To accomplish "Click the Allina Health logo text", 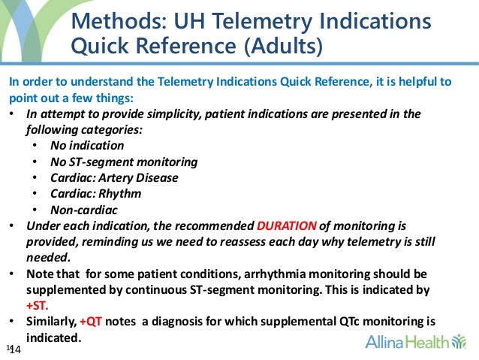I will (x=407, y=343).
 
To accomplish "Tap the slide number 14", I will (x=14, y=349).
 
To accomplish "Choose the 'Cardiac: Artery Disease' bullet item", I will (x=114, y=177).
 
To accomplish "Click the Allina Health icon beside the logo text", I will (x=458, y=343).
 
